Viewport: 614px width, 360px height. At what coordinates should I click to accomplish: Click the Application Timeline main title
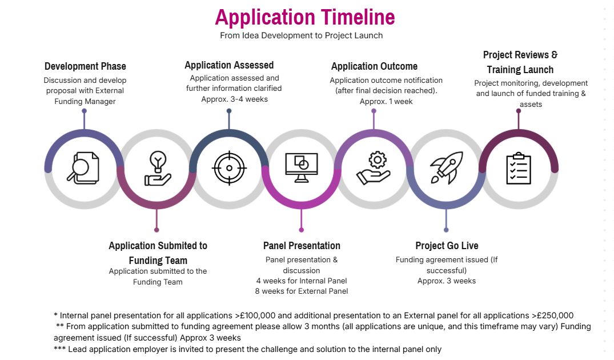pyautogui.click(x=304, y=17)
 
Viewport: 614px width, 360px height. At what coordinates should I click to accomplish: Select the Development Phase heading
pyautogui.click(x=85, y=66)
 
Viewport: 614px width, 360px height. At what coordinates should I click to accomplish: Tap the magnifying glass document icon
pyautogui.click(x=83, y=168)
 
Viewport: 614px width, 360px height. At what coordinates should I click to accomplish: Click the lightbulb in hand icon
pyautogui.click(x=158, y=169)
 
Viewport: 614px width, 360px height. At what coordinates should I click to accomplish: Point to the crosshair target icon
pyautogui.click(x=230, y=168)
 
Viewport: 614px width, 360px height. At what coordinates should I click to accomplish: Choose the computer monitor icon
pyautogui.click(x=302, y=167)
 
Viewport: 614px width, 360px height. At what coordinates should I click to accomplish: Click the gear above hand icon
pyautogui.click(x=374, y=167)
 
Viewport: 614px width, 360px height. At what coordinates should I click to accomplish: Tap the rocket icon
pyautogui.click(x=447, y=167)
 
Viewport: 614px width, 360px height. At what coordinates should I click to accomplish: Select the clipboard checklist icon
pyautogui.click(x=519, y=168)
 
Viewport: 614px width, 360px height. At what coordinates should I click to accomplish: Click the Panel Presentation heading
pyautogui.click(x=302, y=246)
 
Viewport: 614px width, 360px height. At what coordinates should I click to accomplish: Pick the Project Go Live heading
pyautogui.click(x=447, y=246)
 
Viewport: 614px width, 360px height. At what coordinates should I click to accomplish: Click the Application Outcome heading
pyautogui.click(x=374, y=66)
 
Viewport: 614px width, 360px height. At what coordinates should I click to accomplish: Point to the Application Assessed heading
pyautogui.click(x=229, y=65)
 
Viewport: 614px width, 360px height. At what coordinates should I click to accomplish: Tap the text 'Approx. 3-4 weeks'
pyautogui.click(x=235, y=99)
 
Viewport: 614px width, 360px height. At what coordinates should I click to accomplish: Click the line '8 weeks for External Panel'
pyautogui.click(x=302, y=291)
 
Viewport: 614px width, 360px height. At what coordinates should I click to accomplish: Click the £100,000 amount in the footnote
pyautogui.click(x=255, y=315)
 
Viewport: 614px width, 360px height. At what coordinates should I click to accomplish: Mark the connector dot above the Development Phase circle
pyautogui.click(x=84, y=111)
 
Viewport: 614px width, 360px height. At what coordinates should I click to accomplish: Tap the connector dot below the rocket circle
pyautogui.click(x=446, y=230)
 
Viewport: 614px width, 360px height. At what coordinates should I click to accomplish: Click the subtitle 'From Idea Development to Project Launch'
pyautogui.click(x=301, y=35)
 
